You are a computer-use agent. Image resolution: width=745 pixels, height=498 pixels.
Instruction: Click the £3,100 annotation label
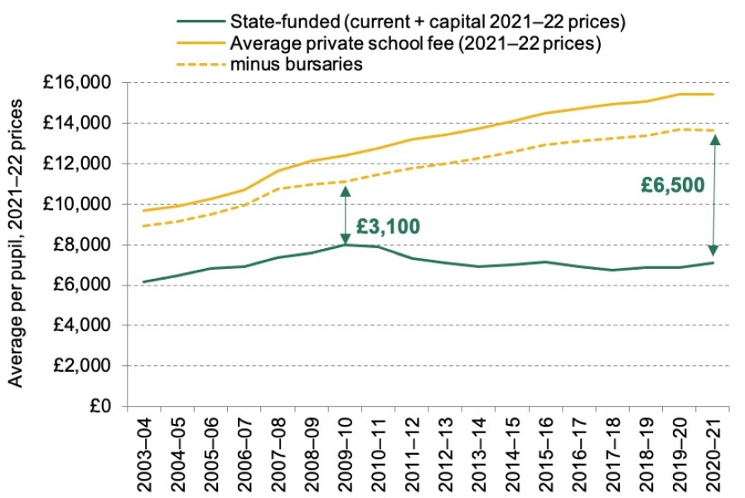pyautogui.click(x=388, y=226)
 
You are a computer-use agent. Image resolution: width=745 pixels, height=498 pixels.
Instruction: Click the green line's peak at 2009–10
pyautogui.click(x=344, y=244)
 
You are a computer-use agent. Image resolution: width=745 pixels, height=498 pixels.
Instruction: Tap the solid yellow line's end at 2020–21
pyautogui.click(x=714, y=94)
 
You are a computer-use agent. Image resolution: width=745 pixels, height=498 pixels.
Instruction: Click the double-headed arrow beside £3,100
pyautogui.click(x=345, y=214)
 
